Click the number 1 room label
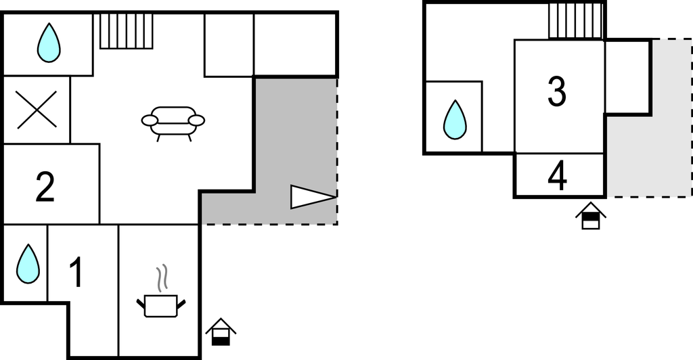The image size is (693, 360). click(77, 273)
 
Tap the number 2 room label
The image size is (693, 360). click(45, 187)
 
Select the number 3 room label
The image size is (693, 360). click(556, 91)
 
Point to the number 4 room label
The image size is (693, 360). click(558, 177)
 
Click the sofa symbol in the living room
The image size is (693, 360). click(173, 123)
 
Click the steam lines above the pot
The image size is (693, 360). click(162, 277)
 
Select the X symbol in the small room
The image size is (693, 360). click(37, 110)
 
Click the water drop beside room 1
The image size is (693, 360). click(28, 264)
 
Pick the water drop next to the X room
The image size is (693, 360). click(49, 43)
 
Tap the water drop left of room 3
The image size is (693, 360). click(455, 120)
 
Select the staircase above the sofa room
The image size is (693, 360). click(127, 30)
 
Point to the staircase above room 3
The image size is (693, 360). click(575, 20)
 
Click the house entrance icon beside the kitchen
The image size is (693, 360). click(221, 332)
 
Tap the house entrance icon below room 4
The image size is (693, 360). click(590, 215)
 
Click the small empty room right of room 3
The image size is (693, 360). click(627, 77)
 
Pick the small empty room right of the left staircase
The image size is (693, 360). click(229, 45)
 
